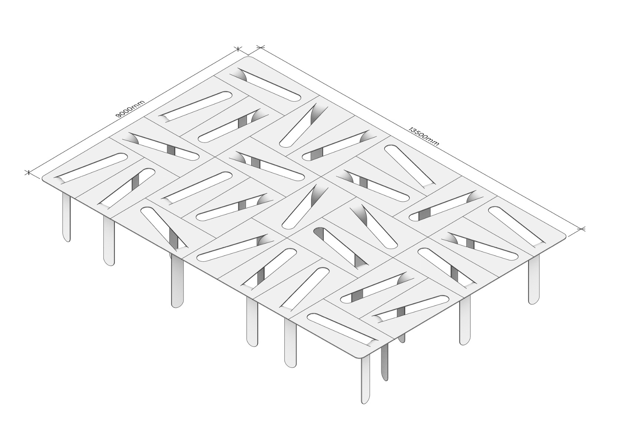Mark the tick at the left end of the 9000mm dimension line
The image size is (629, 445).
(x=28, y=172)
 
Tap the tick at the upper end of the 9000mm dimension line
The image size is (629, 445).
(x=238, y=49)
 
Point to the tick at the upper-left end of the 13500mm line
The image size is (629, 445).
(x=261, y=47)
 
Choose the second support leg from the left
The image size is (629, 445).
(x=109, y=241)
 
